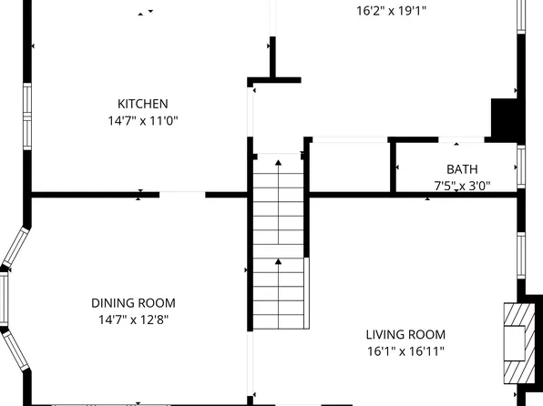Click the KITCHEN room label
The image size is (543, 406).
pos(142,104)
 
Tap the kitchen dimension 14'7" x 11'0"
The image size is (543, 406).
pos(142,120)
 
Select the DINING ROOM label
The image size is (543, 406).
pos(133,303)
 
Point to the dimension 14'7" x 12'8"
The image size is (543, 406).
pos(133,320)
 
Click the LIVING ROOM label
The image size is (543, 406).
pos(405,334)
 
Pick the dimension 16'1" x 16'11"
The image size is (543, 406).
pos(405,350)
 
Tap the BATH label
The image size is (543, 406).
pos(461,169)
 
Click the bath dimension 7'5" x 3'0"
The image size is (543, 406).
pos(461,186)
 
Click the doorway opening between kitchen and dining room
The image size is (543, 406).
pos(182,194)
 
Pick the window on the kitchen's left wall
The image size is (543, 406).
pos(28,116)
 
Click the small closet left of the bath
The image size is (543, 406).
pos(350,166)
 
